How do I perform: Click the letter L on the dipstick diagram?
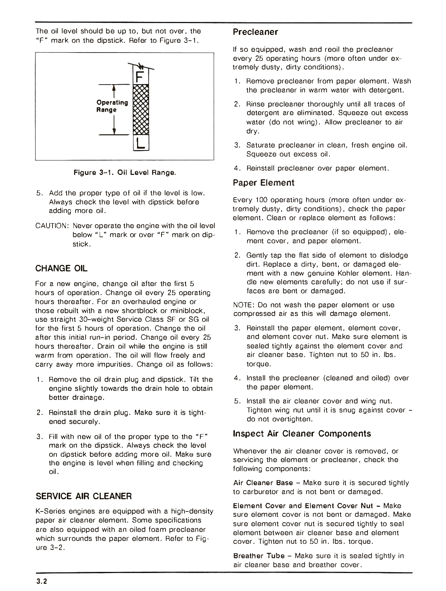[x=141, y=143]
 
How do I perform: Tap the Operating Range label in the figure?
[x=112, y=106]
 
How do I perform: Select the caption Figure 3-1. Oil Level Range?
[x=125, y=172]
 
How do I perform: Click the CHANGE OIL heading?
[x=61, y=269]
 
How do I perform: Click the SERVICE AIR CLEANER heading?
[x=84, y=496]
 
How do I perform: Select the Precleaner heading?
[x=255, y=32]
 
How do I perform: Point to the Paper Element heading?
[x=263, y=183]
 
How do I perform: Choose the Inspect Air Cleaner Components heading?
[x=302, y=433]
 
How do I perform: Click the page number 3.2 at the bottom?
[x=42, y=582]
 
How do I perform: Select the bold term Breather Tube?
[x=259, y=556]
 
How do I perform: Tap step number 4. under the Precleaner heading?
[x=237, y=168]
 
